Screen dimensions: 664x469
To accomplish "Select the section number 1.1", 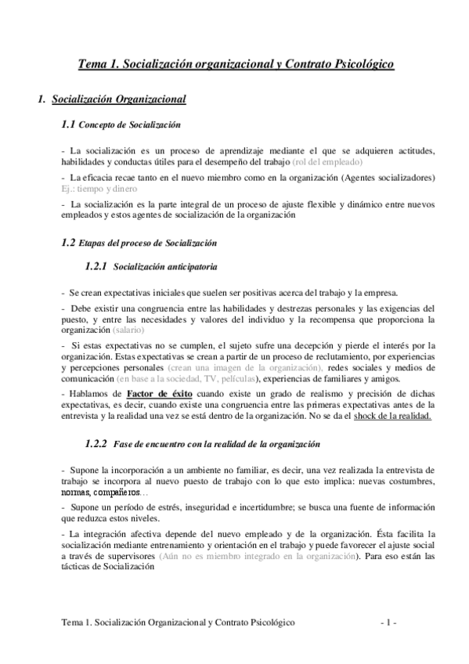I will [67, 125].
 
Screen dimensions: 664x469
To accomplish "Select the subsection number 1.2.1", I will [96, 267].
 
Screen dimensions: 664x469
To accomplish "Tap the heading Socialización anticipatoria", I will [165, 268].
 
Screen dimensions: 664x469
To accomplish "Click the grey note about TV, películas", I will [173, 378].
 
